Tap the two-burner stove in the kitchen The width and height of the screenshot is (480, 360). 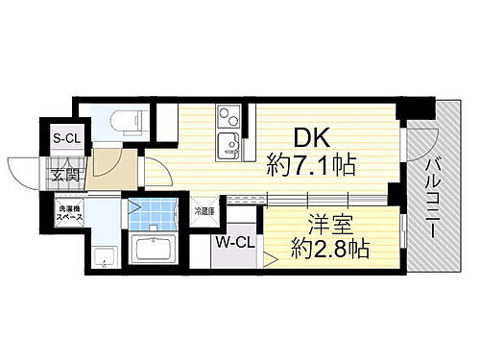(x=229, y=119)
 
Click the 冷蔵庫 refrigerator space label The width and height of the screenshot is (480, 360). (x=204, y=209)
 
